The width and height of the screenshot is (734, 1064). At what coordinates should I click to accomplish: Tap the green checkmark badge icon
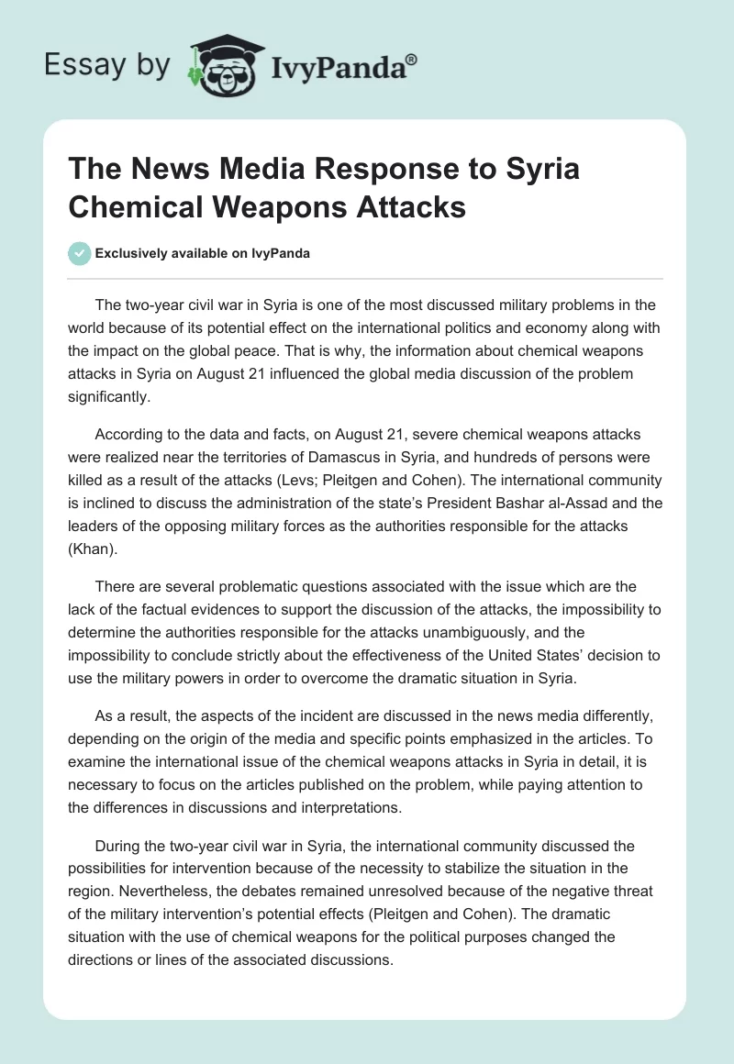(x=81, y=253)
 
